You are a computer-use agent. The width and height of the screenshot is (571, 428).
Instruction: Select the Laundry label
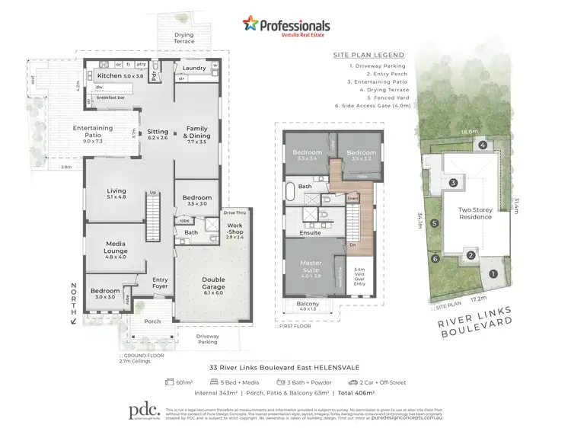(x=195, y=69)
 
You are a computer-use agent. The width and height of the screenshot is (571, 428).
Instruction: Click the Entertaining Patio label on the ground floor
(x=93, y=133)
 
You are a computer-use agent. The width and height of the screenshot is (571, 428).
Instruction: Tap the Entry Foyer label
(x=160, y=283)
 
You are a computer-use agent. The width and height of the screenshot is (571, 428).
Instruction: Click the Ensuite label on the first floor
(x=309, y=232)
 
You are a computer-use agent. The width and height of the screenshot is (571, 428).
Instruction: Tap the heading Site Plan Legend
(x=368, y=55)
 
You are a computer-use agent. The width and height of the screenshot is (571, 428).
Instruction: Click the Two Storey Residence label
(x=474, y=212)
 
